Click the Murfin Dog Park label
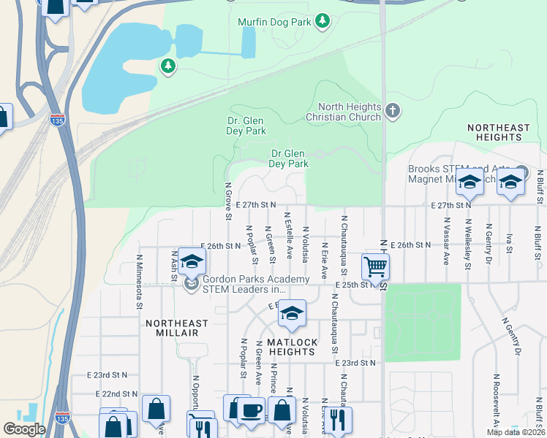tap(273, 22)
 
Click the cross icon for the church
tap(393, 111)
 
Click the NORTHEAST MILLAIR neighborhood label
tap(176, 328)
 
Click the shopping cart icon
tap(375, 266)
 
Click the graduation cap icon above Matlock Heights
tap(292, 313)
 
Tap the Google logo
tap(24, 429)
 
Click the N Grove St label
tap(228, 201)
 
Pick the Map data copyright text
tap(516, 432)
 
